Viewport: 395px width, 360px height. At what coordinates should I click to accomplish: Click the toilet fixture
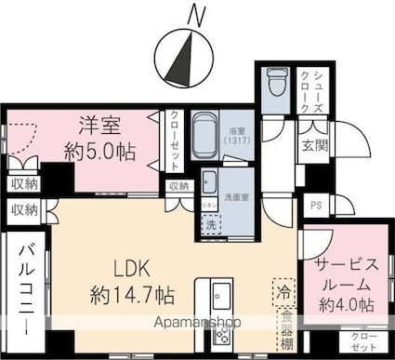tap(276, 87)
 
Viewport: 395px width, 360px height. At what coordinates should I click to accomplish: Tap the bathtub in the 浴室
tap(207, 134)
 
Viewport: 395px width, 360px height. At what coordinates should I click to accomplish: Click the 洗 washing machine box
tap(211, 224)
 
